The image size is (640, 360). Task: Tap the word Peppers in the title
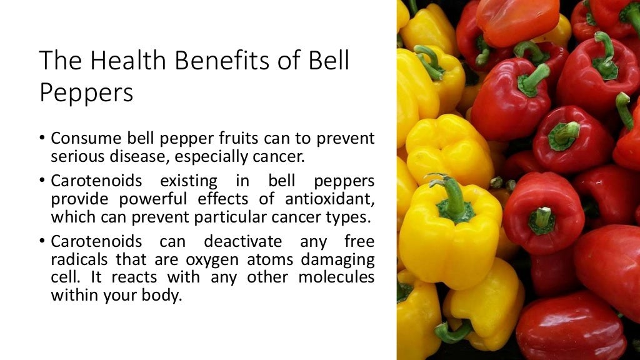pyautogui.click(x=86, y=93)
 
